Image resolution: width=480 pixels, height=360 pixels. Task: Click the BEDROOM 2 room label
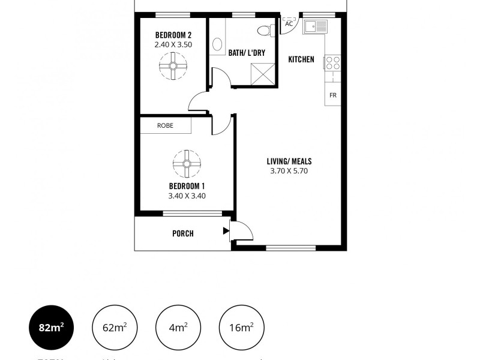point(173,34)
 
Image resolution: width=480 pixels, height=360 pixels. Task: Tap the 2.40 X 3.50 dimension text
point(173,44)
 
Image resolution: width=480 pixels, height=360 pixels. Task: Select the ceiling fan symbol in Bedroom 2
point(173,67)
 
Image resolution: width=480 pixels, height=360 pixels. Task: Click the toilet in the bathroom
point(265,30)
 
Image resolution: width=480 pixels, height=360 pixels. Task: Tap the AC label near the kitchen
point(289,24)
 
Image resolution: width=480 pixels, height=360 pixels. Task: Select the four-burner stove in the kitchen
point(332,63)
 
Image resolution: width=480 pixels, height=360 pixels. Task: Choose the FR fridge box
point(332,95)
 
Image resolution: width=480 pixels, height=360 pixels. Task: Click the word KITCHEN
point(301,59)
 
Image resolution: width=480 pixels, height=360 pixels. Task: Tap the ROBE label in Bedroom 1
point(165,125)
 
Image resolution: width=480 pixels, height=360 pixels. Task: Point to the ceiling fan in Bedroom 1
point(187,163)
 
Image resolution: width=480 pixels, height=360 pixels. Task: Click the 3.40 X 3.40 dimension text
point(187,195)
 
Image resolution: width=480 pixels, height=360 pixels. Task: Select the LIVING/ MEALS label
point(289,161)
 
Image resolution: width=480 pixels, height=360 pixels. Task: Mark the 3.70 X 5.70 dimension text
point(289,171)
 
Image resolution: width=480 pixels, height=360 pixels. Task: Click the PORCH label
point(183,233)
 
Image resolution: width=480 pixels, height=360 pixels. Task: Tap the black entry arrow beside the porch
point(226,230)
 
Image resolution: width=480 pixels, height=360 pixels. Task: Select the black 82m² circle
point(51,328)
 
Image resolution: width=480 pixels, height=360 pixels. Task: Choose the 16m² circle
point(242,328)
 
